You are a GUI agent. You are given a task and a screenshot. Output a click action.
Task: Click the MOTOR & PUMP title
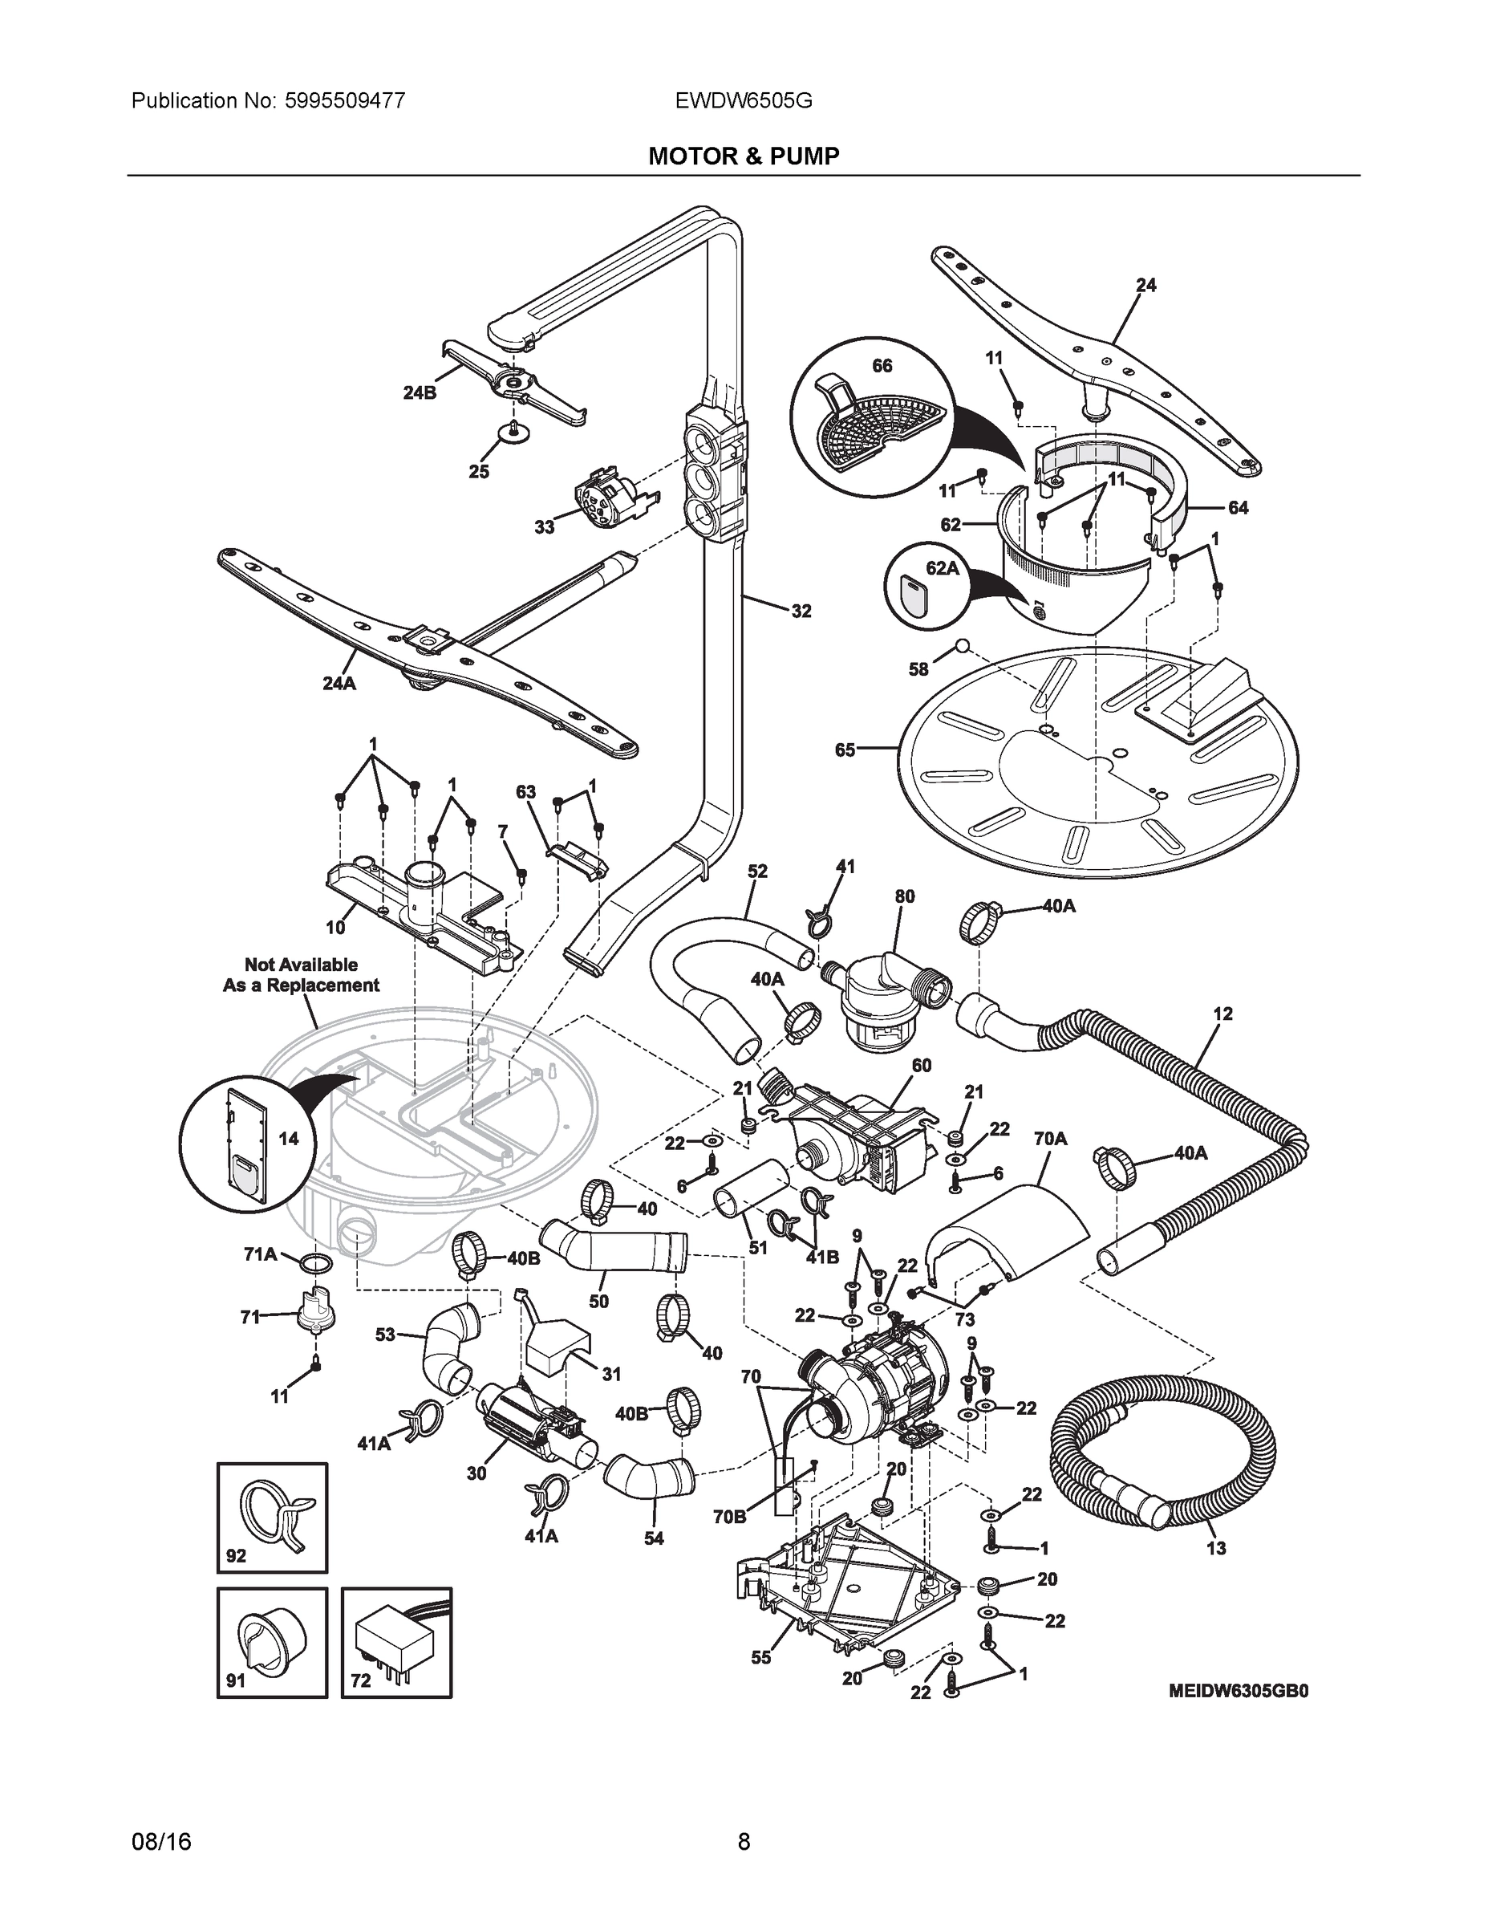[x=743, y=156]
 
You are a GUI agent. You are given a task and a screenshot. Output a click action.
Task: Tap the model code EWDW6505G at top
[x=743, y=100]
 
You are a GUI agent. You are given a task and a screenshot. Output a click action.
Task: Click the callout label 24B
[x=420, y=393]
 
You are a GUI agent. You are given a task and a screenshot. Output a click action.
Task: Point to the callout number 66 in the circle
[x=882, y=366]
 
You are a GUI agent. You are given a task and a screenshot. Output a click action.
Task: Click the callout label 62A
[x=942, y=569]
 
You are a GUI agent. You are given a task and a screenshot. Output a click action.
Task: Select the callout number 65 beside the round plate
[x=845, y=750]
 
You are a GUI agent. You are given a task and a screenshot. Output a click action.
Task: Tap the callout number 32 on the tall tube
[x=801, y=612]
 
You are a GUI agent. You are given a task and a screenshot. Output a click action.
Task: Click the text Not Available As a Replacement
[x=301, y=974]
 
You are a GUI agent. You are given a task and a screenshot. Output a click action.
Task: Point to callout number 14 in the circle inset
[x=288, y=1139]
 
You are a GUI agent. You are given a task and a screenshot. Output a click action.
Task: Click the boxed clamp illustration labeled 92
[x=273, y=1516]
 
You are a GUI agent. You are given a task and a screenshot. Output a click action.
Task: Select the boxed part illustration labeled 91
[x=273, y=1642]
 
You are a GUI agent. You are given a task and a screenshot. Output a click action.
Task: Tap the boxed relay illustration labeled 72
[x=397, y=1642]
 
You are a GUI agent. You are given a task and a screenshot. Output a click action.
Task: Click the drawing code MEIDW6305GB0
[x=1239, y=1691]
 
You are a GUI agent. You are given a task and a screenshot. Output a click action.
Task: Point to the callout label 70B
[x=729, y=1517]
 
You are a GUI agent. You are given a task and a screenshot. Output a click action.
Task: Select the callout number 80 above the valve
[x=905, y=896]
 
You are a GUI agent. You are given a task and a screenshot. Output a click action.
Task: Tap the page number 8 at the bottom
[x=743, y=1842]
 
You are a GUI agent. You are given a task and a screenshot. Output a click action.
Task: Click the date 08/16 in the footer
[x=161, y=1842]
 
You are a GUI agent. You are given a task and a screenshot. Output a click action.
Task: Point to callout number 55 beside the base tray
[x=760, y=1658]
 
